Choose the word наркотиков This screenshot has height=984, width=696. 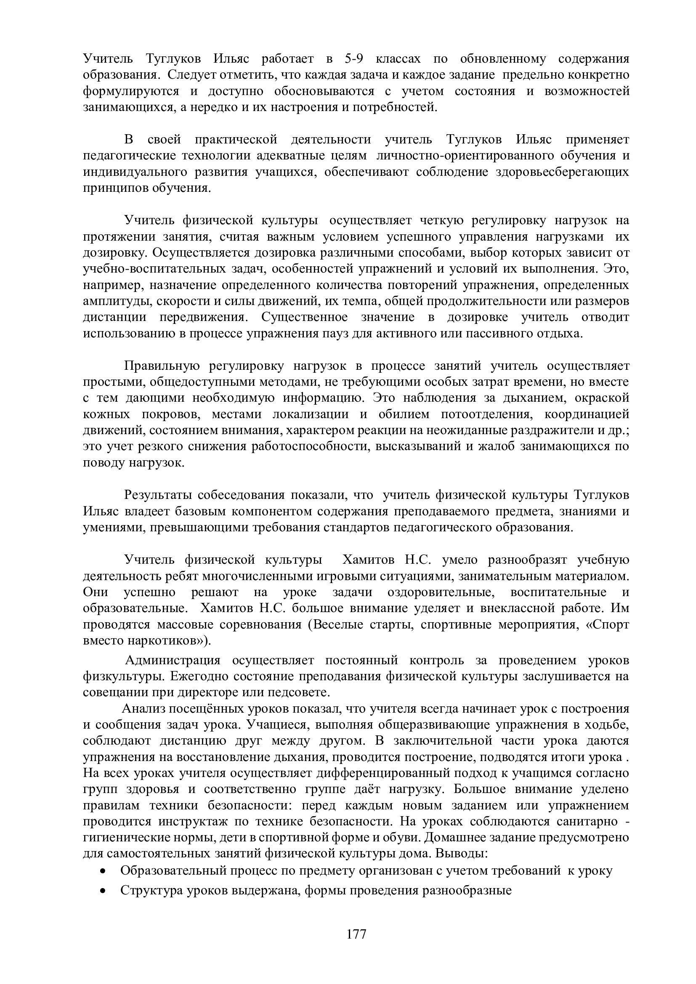click(x=166, y=641)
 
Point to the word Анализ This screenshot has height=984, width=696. click(x=142, y=709)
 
